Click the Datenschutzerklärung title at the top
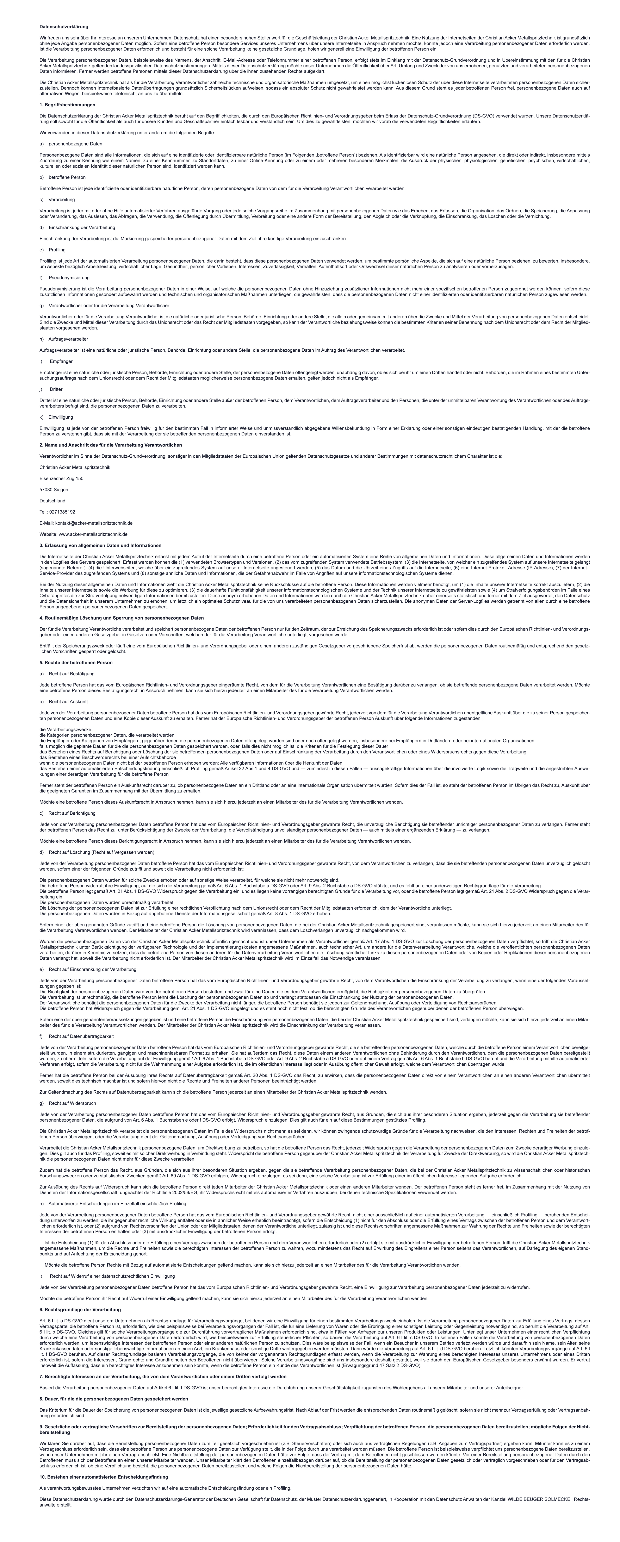tap(63, 27)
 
